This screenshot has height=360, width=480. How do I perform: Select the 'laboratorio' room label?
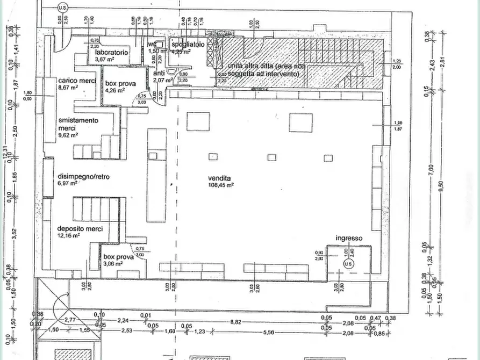click(111, 53)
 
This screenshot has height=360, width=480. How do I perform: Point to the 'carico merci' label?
click(77, 80)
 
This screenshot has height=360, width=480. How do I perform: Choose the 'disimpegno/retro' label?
click(83, 176)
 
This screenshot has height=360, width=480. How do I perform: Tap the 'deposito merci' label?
click(80, 228)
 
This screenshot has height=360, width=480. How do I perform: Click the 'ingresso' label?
click(349, 238)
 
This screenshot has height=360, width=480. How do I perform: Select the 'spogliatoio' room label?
click(188, 45)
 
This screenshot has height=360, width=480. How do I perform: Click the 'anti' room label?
click(159, 73)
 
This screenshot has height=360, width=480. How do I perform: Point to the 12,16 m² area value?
click(69, 235)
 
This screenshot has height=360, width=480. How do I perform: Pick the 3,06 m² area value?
click(113, 264)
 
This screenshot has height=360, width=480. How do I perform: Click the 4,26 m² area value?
click(116, 90)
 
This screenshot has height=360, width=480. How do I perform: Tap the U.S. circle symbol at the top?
click(63, 8)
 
